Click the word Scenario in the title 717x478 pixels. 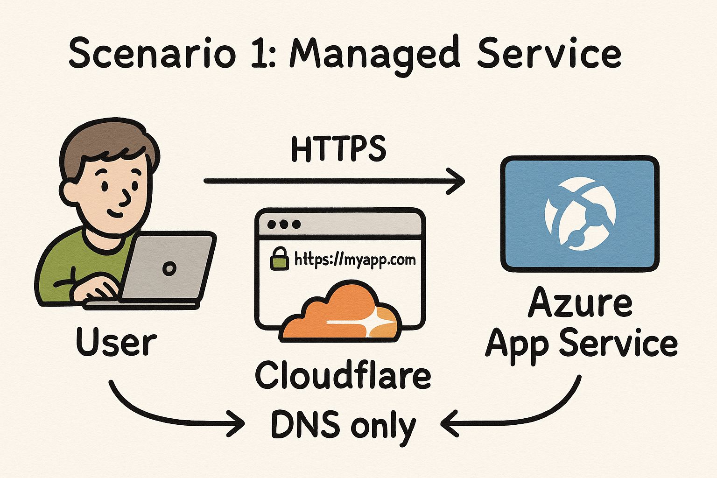pos(152,52)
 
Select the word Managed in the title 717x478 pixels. pos(374,55)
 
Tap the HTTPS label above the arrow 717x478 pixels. pos(338,149)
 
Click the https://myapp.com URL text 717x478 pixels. pos(355,260)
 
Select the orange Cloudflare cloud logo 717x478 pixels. pos(341,312)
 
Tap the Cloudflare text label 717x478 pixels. pos(343,375)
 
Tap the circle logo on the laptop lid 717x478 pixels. pos(169,268)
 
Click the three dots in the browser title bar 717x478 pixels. pos(284,224)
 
